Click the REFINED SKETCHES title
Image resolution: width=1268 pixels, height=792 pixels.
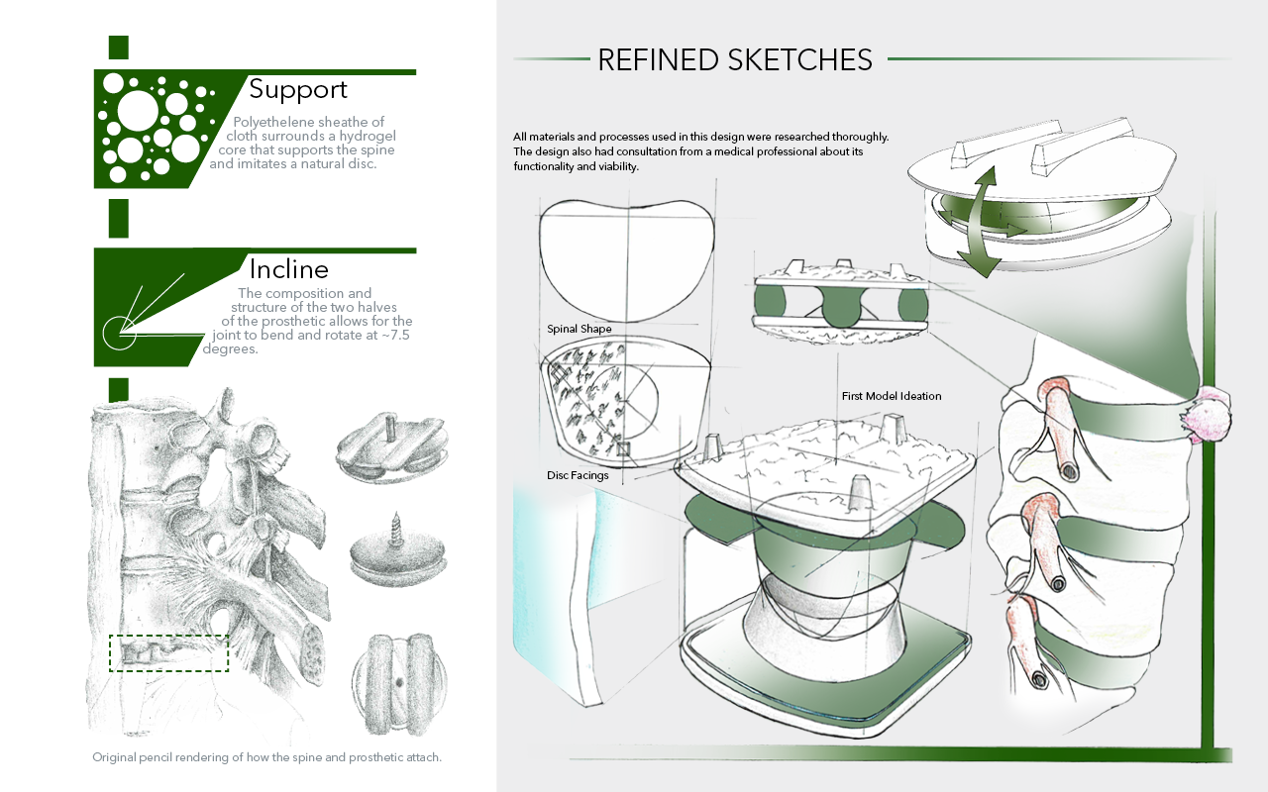tap(735, 60)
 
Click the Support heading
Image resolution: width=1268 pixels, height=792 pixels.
tap(298, 90)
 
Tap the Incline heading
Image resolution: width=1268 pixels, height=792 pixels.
tap(288, 269)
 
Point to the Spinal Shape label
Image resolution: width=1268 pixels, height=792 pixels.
tap(580, 329)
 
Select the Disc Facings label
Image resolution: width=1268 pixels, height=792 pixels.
tap(578, 475)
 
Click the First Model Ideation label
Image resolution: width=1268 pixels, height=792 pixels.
tap(892, 396)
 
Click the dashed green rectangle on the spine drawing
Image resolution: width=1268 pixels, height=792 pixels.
tap(168, 653)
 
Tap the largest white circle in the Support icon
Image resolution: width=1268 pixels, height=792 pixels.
tap(138, 109)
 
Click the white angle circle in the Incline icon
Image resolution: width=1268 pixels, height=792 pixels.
tap(120, 334)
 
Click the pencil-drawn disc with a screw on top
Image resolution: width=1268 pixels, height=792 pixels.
tap(398, 552)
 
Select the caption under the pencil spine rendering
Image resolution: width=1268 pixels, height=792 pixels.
tap(266, 757)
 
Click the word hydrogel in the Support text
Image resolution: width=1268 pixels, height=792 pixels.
tap(368, 137)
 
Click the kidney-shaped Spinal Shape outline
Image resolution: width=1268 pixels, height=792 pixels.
tap(627, 261)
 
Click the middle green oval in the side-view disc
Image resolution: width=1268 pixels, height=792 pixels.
tap(842, 307)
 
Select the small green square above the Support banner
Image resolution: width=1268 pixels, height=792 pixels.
tap(118, 48)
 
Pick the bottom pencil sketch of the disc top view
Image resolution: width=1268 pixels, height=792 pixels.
tap(398, 683)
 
